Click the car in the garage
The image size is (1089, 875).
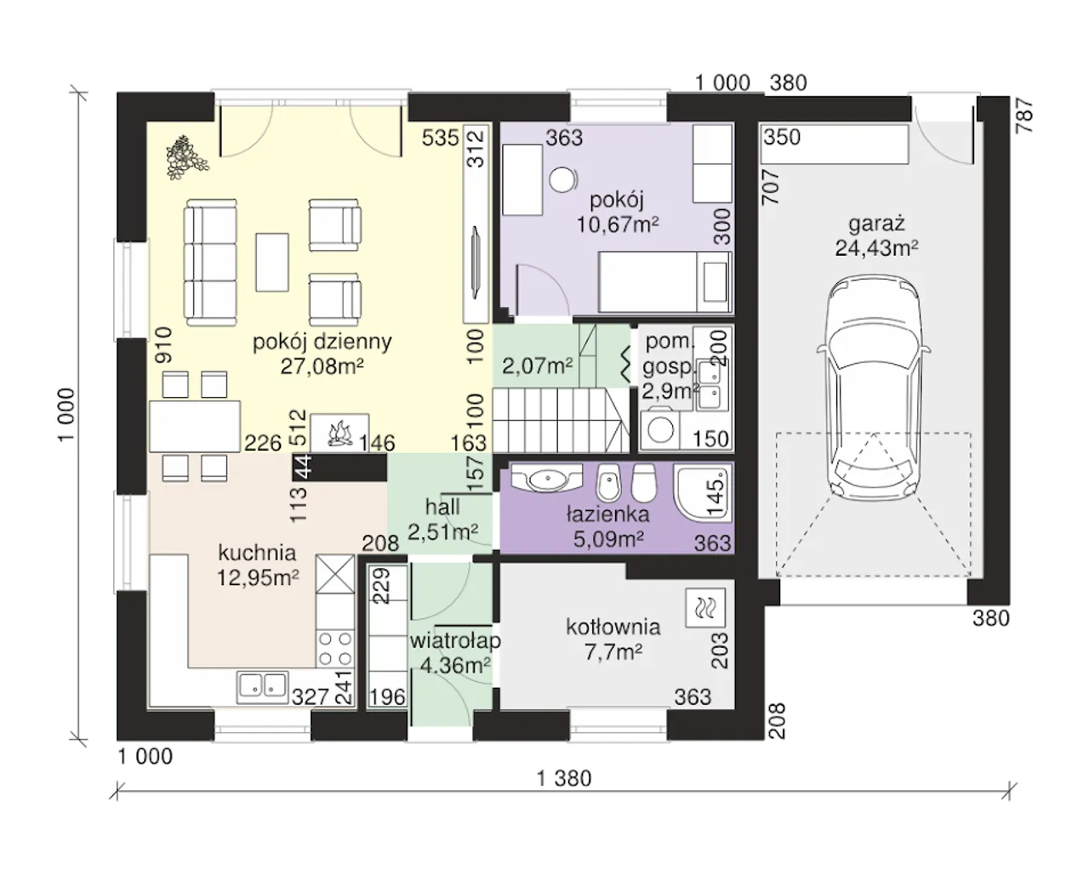click(x=873, y=388)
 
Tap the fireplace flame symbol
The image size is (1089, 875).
click(x=340, y=434)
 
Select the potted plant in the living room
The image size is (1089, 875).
click(x=185, y=157)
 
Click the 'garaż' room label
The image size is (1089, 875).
click(x=876, y=223)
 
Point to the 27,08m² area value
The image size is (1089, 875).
click(x=322, y=366)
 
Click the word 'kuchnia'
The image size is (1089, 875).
click(x=257, y=553)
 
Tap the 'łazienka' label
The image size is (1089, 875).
click(x=607, y=514)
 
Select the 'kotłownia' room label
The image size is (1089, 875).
click(x=613, y=628)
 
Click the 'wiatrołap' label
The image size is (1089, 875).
click(x=455, y=641)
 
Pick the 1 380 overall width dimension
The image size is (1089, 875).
click(x=564, y=778)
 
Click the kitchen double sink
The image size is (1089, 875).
click(x=262, y=687)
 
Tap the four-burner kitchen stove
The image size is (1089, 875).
click(x=335, y=649)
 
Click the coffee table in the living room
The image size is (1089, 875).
click(x=272, y=262)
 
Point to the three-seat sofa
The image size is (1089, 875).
click(x=210, y=262)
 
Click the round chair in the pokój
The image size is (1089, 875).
click(x=563, y=179)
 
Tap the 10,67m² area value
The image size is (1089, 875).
click(x=618, y=224)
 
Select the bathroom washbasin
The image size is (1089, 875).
click(x=545, y=477)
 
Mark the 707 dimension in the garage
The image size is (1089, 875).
click(x=771, y=187)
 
